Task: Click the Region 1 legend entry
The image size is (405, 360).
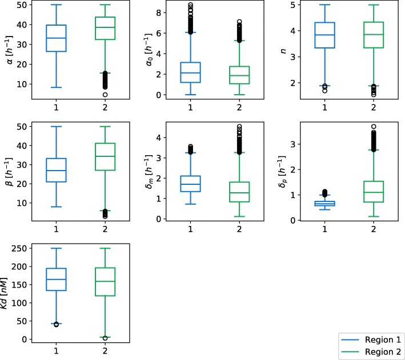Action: coord(372,339)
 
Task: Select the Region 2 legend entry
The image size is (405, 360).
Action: coord(372,350)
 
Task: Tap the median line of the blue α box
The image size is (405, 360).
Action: coord(57,38)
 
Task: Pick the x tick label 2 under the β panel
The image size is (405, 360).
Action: coord(105,229)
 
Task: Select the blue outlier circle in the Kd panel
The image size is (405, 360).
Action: coord(57,324)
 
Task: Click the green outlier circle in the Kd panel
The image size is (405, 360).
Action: coord(105,338)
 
